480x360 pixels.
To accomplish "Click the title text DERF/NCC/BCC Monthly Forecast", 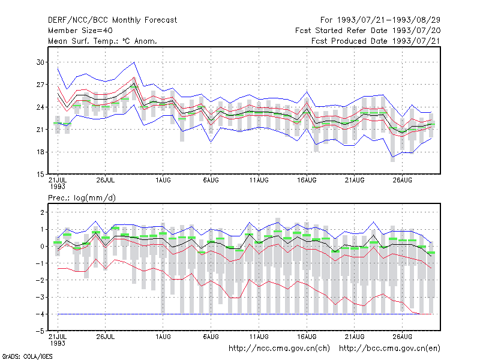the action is pos(112,20).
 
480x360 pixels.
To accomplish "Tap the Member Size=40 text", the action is pos(80,31).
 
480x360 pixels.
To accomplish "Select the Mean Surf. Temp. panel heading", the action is pos(103,41).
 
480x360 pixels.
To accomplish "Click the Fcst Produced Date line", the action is pos(376,41).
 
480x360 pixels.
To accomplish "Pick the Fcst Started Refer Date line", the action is pos(368,31).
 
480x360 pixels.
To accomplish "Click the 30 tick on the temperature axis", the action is pos(40,62).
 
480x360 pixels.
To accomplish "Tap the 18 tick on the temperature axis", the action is pos(40,152).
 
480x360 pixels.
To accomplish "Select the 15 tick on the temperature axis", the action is pos(40,175).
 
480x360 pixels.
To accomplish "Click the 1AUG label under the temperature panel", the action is pos(163,180).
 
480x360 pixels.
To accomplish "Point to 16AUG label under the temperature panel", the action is pos(307,180).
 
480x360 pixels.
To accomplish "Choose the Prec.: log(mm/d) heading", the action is pos(82,198).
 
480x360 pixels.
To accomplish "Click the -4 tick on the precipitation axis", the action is pos(39,314).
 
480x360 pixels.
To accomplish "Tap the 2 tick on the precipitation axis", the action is pos(42,212).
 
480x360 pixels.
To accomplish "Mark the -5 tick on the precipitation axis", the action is pos(39,331).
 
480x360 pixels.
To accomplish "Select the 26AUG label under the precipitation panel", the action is pos(402,337).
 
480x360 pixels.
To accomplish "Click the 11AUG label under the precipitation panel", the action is pos(259,337).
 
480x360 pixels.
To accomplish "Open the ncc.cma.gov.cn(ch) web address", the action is pos(279,349).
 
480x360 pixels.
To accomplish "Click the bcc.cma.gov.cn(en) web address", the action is pos(389,349).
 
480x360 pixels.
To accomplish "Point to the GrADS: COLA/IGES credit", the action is pos(27,356).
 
